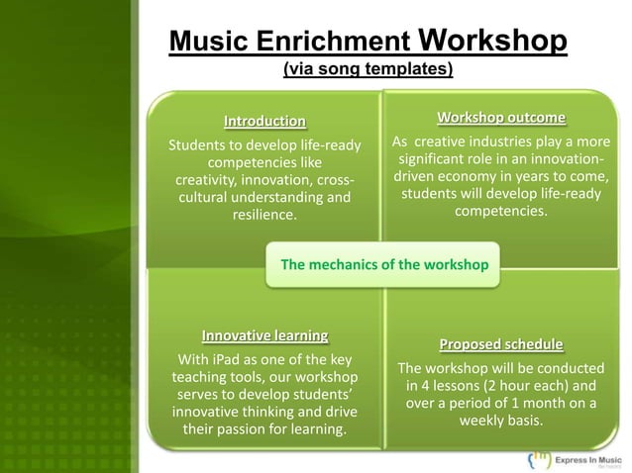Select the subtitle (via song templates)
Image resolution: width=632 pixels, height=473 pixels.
[368, 69]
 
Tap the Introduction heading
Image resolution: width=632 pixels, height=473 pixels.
[264, 122]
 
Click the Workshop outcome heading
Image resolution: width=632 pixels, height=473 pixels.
[501, 120]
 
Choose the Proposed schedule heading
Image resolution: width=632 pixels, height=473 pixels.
[501, 344]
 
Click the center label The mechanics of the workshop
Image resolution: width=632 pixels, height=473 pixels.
[385, 265]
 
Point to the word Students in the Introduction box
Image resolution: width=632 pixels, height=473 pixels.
[201, 145]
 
